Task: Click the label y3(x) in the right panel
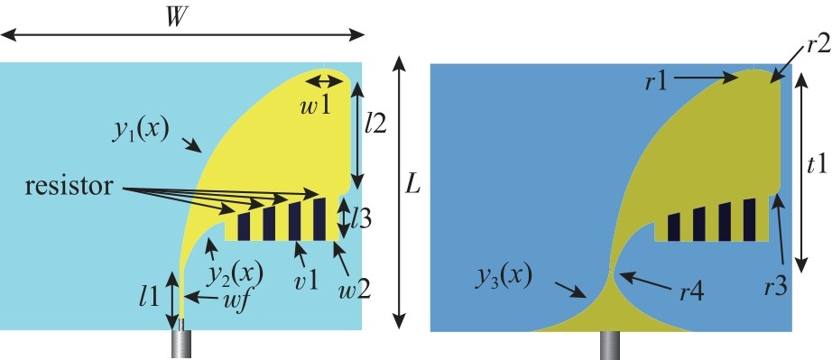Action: click(x=504, y=278)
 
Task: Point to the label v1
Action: click(x=307, y=280)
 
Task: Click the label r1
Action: click(x=656, y=84)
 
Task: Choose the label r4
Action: click(x=693, y=291)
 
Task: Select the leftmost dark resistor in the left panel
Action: click(x=244, y=226)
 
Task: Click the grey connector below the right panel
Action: click(x=611, y=346)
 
